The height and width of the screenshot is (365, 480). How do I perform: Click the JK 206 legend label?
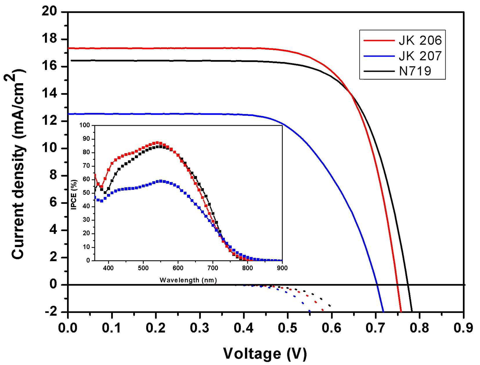pyautogui.click(x=420, y=40)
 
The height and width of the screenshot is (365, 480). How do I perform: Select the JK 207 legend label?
pyautogui.click(x=420, y=56)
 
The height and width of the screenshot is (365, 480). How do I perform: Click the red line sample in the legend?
pyautogui.click(x=379, y=40)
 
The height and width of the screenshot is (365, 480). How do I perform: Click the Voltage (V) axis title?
pyautogui.click(x=265, y=353)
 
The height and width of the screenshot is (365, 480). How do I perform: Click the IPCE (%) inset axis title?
pyautogui.click(x=74, y=195)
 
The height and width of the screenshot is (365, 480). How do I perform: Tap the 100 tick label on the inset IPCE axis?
pyautogui.click(x=85, y=125)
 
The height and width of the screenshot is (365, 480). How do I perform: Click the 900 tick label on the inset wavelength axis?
pyautogui.click(x=282, y=268)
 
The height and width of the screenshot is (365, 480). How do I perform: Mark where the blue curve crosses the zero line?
pyautogui.click(x=377, y=285)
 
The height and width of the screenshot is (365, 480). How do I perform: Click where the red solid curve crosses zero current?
pyautogui.click(x=397, y=285)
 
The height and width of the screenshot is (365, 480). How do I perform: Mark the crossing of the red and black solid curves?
pyautogui.click(x=351, y=94)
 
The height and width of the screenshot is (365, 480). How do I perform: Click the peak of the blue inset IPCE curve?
pyautogui.click(x=161, y=181)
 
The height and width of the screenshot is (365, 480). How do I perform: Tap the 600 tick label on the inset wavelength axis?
pyautogui.click(x=178, y=268)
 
